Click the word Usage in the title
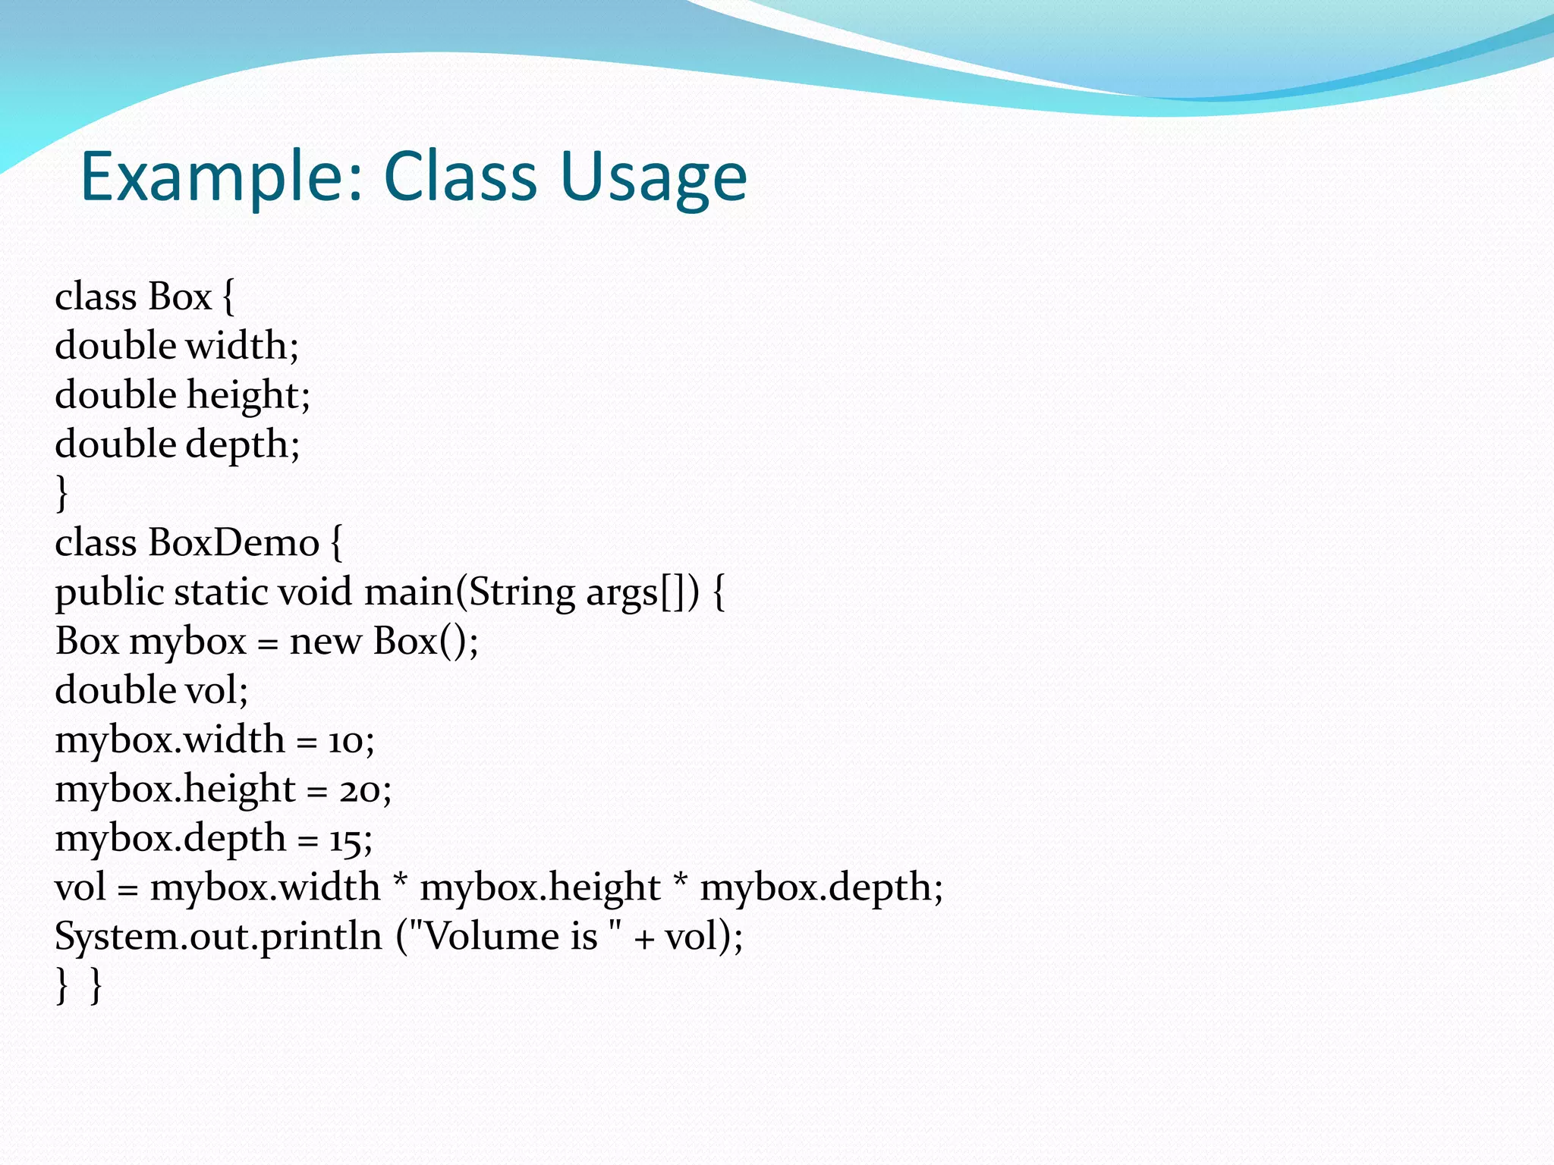click(x=654, y=176)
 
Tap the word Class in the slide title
click(x=461, y=176)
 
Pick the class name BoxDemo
click(x=234, y=543)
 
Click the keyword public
click(x=109, y=592)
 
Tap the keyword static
click(x=220, y=592)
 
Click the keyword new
click(x=326, y=642)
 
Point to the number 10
click(x=345, y=741)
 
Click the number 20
click(x=360, y=790)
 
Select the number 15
click(x=345, y=840)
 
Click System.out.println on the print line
click(x=218, y=937)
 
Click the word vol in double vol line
click(x=216, y=691)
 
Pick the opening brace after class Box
click(x=228, y=297)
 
